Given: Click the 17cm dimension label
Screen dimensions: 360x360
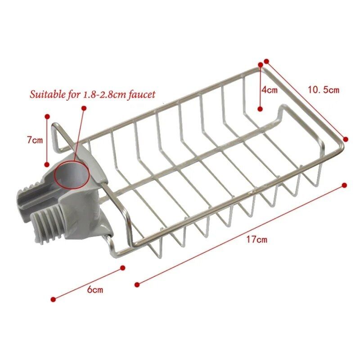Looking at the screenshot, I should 257,239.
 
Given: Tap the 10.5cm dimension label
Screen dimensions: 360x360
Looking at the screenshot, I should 323,90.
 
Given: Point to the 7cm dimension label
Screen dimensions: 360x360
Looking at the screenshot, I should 34,140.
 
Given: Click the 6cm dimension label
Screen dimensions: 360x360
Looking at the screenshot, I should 95,289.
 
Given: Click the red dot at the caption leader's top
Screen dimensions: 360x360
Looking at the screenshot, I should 84,108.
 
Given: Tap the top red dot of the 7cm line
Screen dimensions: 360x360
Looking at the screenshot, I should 47,116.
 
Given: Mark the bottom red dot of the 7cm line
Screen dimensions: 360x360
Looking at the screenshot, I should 47,164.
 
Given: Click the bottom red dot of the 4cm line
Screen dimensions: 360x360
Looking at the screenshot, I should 260,108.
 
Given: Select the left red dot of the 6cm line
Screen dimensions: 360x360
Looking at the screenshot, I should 53,299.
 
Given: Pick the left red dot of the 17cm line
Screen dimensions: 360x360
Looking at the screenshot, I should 137,283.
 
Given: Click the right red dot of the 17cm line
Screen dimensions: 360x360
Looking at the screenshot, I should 345,185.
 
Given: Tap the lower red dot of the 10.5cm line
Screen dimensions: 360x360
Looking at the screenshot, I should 346,139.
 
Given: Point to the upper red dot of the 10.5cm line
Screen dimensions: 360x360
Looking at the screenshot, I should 266,61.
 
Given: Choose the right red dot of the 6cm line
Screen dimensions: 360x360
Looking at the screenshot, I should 122,268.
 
